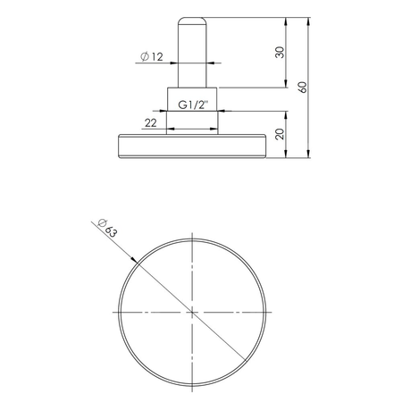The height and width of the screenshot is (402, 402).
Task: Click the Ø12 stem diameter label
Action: [152, 57]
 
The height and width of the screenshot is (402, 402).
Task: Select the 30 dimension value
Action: [280, 52]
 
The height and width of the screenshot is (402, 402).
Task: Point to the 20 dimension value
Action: [280, 134]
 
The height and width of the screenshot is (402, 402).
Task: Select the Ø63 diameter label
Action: [105, 228]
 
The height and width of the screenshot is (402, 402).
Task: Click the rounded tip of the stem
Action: [192, 20]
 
